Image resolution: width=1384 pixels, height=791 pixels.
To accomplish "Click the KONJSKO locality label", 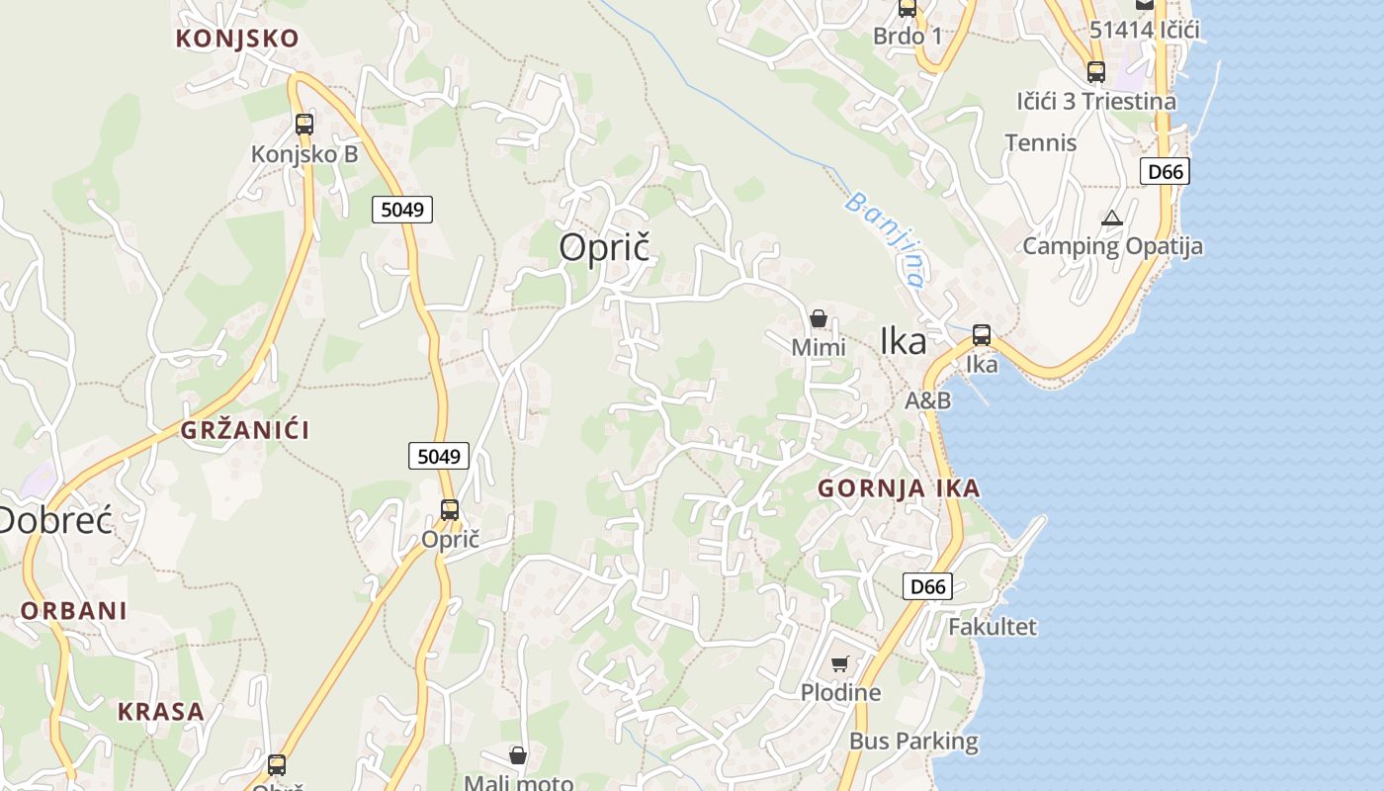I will pos(237,39).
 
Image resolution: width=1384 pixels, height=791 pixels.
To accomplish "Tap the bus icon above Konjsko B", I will pos(304,125).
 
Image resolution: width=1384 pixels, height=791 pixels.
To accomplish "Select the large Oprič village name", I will pos(605,247).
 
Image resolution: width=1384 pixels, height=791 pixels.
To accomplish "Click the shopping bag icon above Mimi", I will pos(819,318).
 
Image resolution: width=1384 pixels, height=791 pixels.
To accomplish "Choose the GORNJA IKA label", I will pos(899,487).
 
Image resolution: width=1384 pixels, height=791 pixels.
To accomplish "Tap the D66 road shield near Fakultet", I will pos(927,586).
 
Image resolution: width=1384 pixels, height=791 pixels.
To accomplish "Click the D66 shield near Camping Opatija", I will pos(1165,171).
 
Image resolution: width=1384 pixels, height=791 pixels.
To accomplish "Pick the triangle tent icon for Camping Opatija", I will pos(1112,218).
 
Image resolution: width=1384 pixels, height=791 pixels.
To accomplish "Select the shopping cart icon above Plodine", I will pos(840,663).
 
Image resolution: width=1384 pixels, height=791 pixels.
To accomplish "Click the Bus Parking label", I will pos(913,741).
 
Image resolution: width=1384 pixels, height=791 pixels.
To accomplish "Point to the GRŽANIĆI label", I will pos(245,430).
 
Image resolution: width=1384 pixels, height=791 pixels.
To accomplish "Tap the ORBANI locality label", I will pos(74,610).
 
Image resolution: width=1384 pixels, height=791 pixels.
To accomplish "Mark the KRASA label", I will pos(161,711).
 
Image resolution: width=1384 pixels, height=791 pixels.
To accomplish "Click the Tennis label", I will pos(1041,142).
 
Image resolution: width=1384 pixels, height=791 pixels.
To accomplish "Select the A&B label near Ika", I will pos(928,400).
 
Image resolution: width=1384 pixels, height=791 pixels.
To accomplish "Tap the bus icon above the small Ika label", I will pos(982,335).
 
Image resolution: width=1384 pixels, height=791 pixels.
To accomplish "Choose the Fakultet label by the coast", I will pos(993,627).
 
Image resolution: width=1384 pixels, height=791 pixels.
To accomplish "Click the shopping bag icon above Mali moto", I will pos(518,756).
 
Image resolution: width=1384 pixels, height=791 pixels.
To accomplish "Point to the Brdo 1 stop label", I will pos(908,37).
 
